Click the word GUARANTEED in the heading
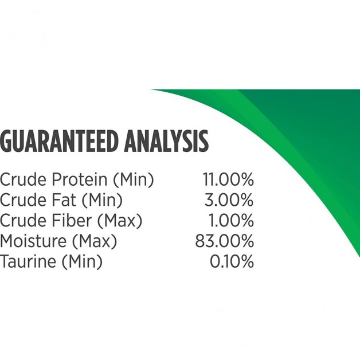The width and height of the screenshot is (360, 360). click(x=59, y=141)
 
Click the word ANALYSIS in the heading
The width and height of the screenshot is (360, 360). click(x=166, y=141)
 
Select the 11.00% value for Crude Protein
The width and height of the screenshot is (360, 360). click(x=228, y=179)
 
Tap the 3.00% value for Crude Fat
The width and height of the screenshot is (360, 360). click(x=229, y=199)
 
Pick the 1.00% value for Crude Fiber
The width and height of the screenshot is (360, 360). click(x=231, y=220)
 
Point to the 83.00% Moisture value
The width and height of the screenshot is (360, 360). click(x=225, y=241)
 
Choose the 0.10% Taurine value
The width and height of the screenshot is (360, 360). click(x=232, y=261)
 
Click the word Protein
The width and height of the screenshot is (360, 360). click(x=80, y=179)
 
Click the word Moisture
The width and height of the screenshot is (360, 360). click(x=33, y=241)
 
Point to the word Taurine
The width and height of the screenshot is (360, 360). click(x=28, y=261)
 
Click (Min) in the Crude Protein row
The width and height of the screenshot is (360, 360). click(x=134, y=180)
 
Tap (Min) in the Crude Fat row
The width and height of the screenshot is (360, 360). click(x=102, y=200)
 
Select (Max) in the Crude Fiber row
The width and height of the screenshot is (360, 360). click(x=120, y=221)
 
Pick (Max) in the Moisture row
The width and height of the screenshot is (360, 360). click(x=95, y=241)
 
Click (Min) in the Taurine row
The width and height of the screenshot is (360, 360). click(x=82, y=262)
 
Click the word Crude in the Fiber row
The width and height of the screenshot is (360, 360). click(x=23, y=220)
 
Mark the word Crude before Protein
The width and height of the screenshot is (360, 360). click(x=23, y=179)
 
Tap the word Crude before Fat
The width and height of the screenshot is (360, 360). click(x=23, y=199)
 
